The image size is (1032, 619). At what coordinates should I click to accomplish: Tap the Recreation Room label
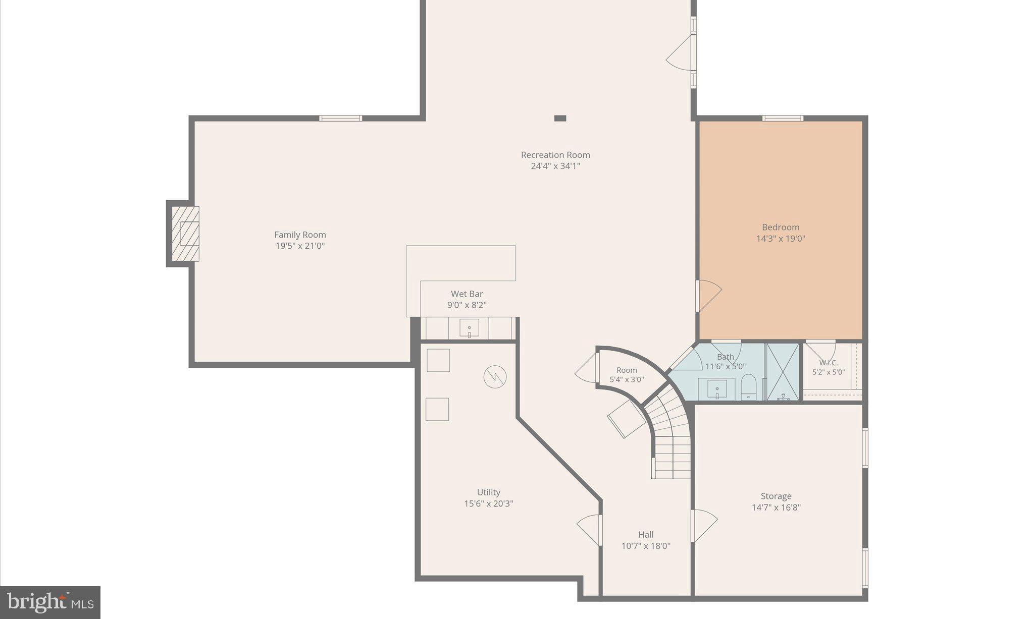[555, 155]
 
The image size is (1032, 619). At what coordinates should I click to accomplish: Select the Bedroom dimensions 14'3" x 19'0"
[780, 239]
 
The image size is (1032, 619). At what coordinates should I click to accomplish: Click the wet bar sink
[469, 328]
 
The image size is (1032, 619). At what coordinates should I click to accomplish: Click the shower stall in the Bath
[783, 372]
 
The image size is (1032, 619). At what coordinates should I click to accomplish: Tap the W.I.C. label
[828, 363]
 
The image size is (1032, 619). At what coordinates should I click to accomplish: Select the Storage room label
[776, 496]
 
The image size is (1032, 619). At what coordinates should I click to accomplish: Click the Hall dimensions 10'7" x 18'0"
[646, 546]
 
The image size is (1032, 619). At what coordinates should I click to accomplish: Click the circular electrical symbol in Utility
[495, 376]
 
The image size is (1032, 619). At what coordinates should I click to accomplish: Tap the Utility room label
[488, 492]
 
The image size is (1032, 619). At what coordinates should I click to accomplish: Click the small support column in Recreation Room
[560, 118]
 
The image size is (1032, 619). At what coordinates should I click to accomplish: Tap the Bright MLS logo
[50, 602]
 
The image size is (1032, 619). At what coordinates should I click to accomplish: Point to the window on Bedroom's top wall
[783, 119]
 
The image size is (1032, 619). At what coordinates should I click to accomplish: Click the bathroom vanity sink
[717, 388]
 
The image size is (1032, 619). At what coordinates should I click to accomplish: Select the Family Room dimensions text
[300, 246]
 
